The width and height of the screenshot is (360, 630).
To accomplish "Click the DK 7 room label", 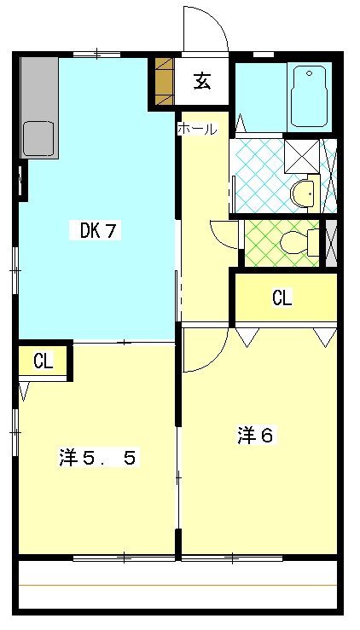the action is tap(95, 231).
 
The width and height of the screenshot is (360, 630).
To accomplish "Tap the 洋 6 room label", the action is tap(258, 436).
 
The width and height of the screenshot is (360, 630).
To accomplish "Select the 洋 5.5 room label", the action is tap(97, 458).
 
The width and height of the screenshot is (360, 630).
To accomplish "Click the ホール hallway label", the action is tap(198, 129).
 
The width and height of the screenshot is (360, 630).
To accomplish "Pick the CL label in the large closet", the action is tap(282, 298).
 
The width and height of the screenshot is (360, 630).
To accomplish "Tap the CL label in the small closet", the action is tap(44, 361).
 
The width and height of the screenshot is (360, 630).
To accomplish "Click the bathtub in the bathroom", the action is tap(309, 96).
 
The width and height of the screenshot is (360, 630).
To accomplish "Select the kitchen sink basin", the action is tap(38, 139).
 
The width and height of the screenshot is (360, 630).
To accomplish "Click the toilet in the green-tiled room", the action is tap(299, 243).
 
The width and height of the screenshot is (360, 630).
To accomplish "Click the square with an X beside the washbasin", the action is tap(302, 156).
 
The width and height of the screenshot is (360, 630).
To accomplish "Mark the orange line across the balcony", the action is tap(177, 586).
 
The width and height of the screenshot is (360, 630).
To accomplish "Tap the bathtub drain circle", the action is tap(309, 73).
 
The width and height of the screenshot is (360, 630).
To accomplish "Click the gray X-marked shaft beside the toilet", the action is tap(332, 243).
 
